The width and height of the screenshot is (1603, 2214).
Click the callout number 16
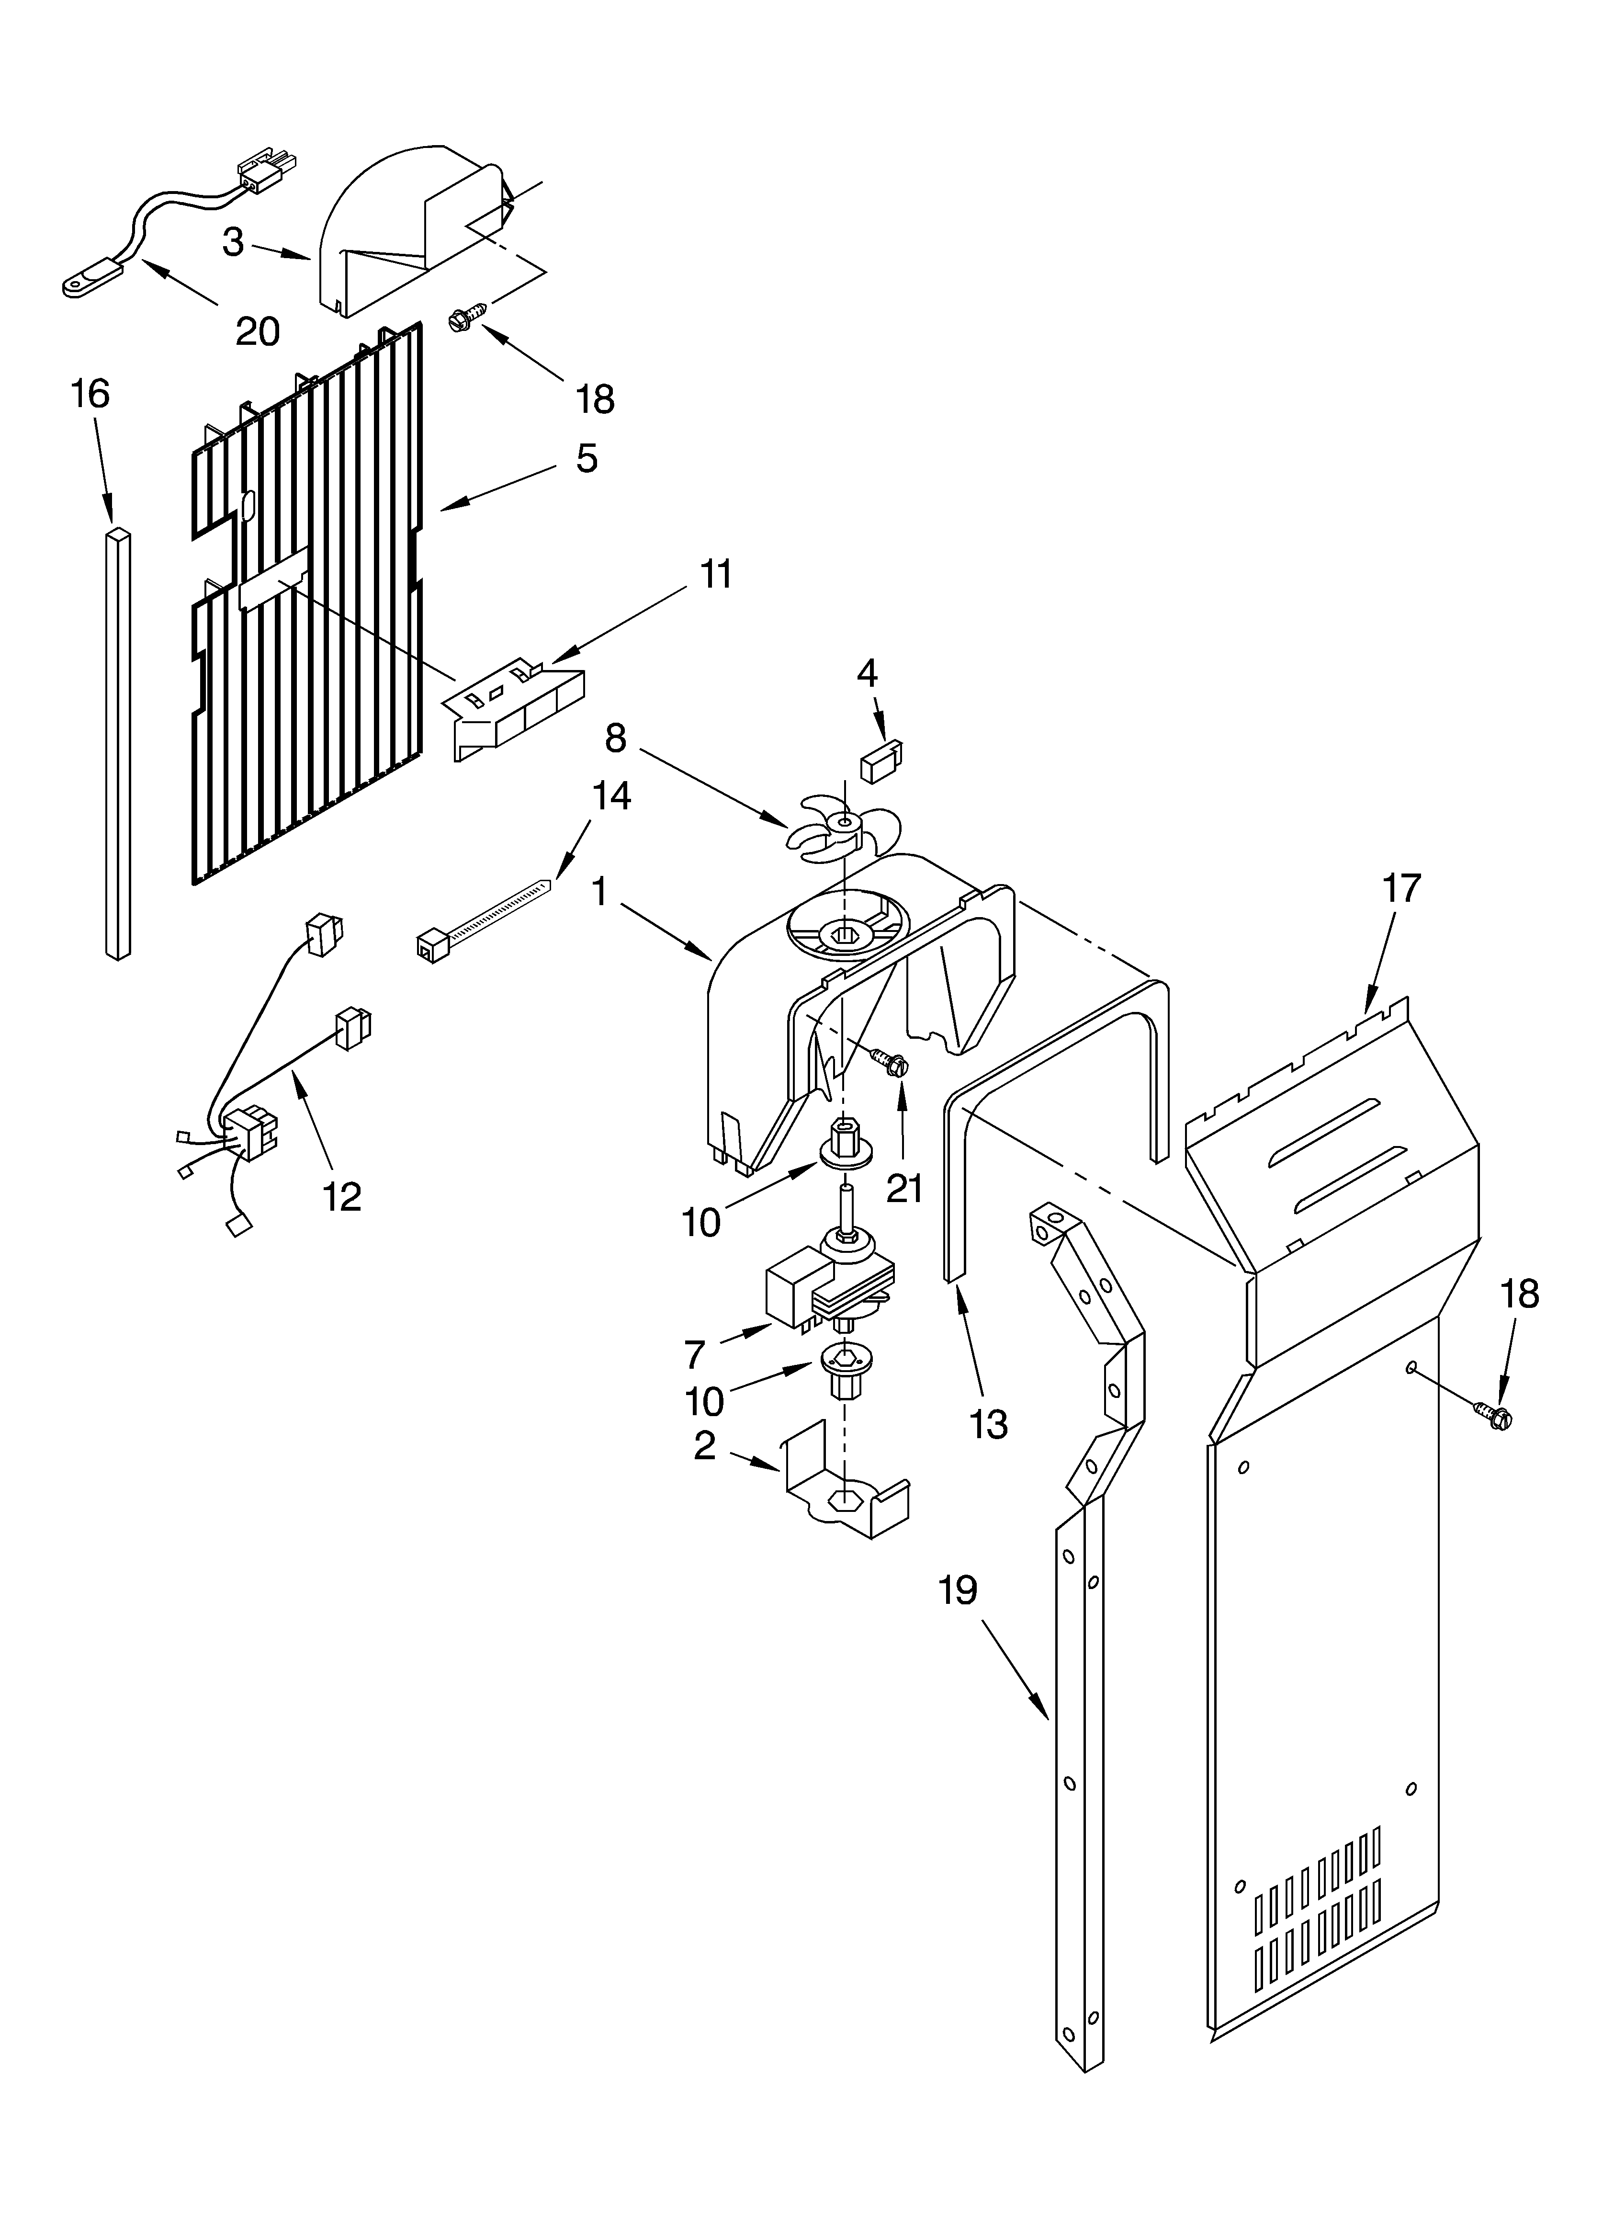[91, 394]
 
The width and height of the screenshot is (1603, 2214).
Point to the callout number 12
[342, 1196]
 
